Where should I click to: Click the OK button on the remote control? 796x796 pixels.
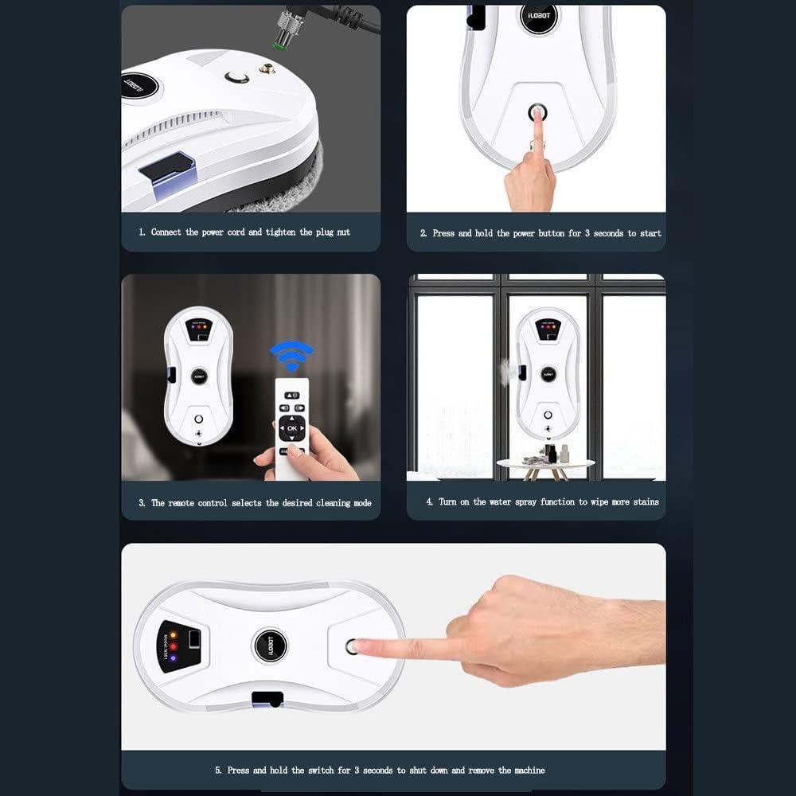[x=291, y=428]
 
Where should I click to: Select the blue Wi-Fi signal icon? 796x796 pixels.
[x=291, y=355]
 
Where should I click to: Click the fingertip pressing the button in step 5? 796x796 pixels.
[x=360, y=646]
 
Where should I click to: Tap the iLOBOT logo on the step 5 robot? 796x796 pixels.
[x=269, y=646]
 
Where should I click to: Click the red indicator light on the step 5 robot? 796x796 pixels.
[x=173, y=646]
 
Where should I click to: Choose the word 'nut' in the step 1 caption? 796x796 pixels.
[x=341, y=232]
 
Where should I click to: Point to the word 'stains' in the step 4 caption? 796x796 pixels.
[x=646, y=502]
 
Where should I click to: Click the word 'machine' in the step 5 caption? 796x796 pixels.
[x=528, y=770]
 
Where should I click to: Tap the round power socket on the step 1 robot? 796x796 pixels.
[x=236, y=77]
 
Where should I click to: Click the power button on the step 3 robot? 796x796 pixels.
[x=198, y=419]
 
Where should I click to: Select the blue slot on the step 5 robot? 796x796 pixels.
[x=267, y=699]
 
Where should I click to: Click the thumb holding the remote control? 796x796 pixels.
[x=295, y=451]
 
